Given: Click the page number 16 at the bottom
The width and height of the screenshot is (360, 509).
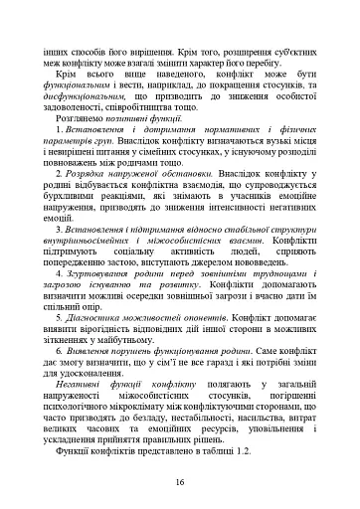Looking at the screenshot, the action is click(180, 482).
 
